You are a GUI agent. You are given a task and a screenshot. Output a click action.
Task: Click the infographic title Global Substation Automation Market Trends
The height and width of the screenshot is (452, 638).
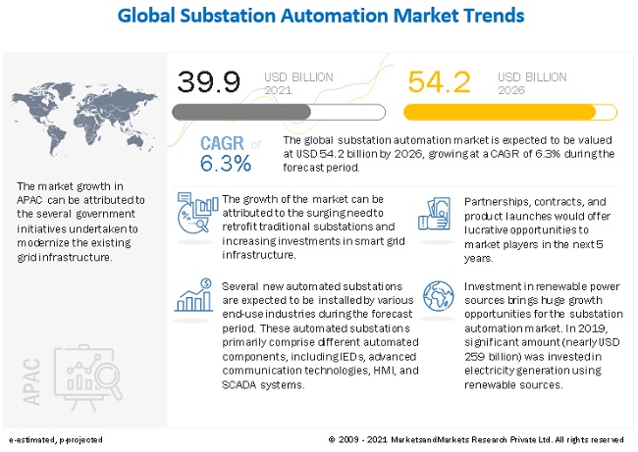coord(318,17)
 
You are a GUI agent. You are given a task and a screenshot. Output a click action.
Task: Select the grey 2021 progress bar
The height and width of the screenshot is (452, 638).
coord(241,112)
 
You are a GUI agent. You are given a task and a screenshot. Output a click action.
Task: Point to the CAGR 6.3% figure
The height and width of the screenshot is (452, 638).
coord(226,153)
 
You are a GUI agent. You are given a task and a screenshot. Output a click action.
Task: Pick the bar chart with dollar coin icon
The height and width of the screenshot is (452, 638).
coord(193,295)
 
